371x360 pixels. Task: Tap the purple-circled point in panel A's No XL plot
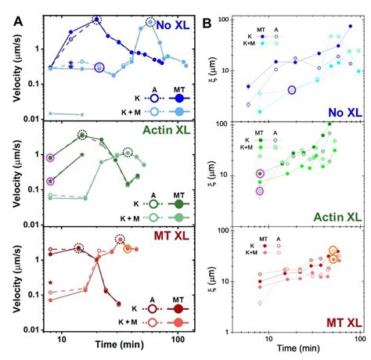tap(99, 68)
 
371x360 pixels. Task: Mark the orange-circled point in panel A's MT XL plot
tap(128, 249)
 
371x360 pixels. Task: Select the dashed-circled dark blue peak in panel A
tap(97, 19)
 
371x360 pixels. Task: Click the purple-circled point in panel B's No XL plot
tap(292, 91)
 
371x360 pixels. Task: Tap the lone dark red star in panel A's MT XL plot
tap(50, 283)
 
